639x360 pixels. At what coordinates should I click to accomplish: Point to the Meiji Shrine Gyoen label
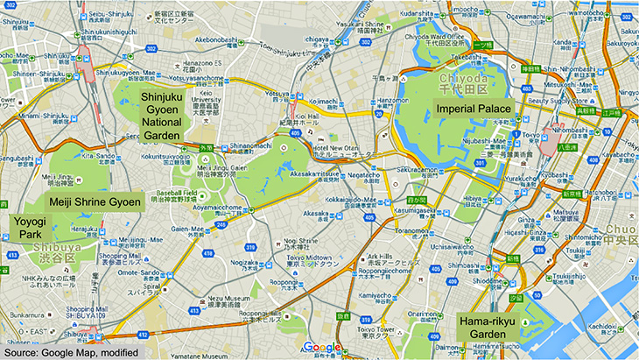(x=95, y=202)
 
